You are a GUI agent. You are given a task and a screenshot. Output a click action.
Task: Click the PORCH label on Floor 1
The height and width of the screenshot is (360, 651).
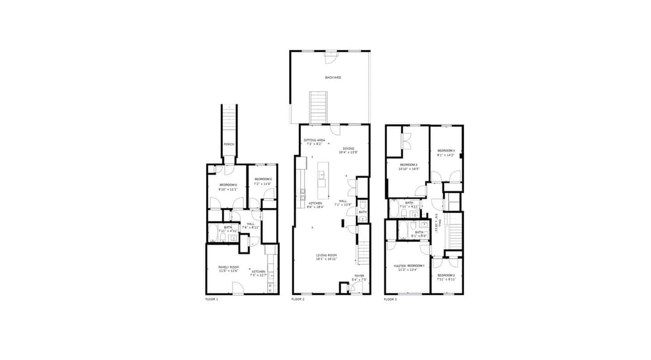(x=228, y=145)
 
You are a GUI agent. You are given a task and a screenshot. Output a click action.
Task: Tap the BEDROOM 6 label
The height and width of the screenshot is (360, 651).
(x=228, y=185)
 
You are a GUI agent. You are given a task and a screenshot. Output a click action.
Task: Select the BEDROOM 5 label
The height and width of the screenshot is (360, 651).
(x=263, y=179)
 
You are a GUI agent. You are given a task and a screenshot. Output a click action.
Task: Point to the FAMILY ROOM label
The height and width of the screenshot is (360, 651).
(x=228, y=267)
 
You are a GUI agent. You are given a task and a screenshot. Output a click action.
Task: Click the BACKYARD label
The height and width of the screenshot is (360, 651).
(x=333, y=78)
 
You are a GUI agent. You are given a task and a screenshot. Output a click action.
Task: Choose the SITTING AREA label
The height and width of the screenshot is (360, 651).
(x=315, y=140)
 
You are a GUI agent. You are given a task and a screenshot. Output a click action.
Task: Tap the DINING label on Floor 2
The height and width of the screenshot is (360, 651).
(x=348, y=148)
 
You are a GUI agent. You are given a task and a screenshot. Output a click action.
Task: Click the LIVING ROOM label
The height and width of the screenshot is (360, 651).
(x=326, y=255)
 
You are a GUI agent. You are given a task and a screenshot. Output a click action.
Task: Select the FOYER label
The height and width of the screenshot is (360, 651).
(x=359, y=276)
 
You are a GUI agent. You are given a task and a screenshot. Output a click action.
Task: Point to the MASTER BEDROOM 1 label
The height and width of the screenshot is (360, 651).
(x=409, y=266)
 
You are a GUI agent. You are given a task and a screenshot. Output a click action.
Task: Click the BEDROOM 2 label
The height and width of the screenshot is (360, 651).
(x=446, y=276)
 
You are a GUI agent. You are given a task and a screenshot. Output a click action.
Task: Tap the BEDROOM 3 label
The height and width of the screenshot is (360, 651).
(x=408, y=165)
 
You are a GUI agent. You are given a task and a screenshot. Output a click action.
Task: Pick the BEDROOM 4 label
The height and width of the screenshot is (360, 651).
(x=446, y=150)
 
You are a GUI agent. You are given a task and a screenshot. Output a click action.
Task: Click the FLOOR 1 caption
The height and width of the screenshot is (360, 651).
(x=212, y=299)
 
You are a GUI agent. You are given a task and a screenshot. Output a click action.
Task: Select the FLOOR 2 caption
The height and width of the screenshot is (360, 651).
(x=298, y=299)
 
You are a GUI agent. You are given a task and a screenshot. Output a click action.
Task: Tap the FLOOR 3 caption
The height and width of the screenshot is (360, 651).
(x=391, y=299)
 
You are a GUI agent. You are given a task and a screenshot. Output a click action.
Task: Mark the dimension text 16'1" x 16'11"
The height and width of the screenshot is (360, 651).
(x=326, y=259)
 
